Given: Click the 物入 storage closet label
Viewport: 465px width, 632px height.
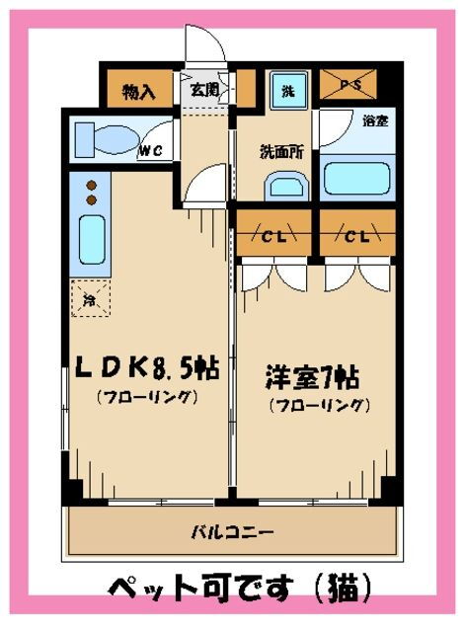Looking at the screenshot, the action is pos(138,92).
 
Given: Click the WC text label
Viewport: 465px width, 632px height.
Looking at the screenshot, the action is pos(151,150).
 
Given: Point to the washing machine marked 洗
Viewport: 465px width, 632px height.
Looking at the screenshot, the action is pos(288,90).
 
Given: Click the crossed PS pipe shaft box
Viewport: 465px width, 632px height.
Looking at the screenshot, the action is pos(348,84).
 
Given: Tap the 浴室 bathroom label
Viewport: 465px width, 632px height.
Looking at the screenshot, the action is pos(375,120).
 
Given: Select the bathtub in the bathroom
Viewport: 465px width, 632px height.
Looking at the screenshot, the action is pos(357,179).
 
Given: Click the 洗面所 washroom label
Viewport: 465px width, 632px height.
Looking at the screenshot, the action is pos(281,152).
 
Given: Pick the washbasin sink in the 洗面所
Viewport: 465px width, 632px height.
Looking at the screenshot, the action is pos(286,187).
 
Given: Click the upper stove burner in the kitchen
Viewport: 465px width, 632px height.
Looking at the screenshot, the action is pos(92,186).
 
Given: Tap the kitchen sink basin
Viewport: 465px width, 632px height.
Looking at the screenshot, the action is pos(92,240).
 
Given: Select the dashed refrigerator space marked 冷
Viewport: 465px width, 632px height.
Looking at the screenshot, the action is pos(91,298).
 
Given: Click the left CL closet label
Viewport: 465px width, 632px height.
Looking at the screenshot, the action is pos(273,237).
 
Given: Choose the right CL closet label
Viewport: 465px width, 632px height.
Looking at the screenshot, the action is pos(357,237).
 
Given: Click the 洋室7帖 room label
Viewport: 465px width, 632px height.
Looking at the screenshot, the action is pos(312,377).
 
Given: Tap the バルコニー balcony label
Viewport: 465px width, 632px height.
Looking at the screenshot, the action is pos(233,533).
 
